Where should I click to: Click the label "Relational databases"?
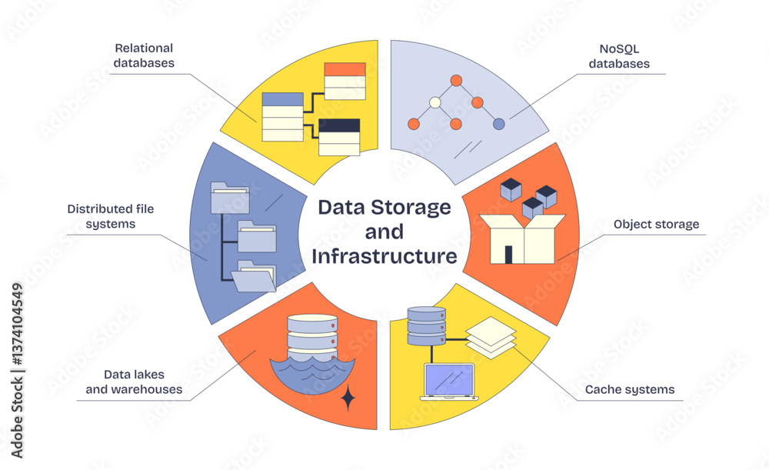(144, 55)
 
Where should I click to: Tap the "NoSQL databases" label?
(619, 55)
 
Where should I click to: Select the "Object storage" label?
(656, 225)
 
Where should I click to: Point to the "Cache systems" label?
(629, 389)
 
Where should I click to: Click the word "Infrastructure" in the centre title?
(384, 256)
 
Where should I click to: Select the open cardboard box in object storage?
(523, 238)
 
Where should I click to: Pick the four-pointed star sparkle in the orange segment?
(348, 398)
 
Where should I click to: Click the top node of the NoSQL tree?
(456, 80)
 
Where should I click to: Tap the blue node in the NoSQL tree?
(498, 124)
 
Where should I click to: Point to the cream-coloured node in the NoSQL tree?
(435, 102)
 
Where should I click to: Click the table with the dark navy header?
(339, 137)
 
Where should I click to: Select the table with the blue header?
(283, 116)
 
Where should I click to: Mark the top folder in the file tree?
(229, 197)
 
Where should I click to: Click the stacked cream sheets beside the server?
(491, 337)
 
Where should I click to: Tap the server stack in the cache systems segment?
(426, 326)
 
